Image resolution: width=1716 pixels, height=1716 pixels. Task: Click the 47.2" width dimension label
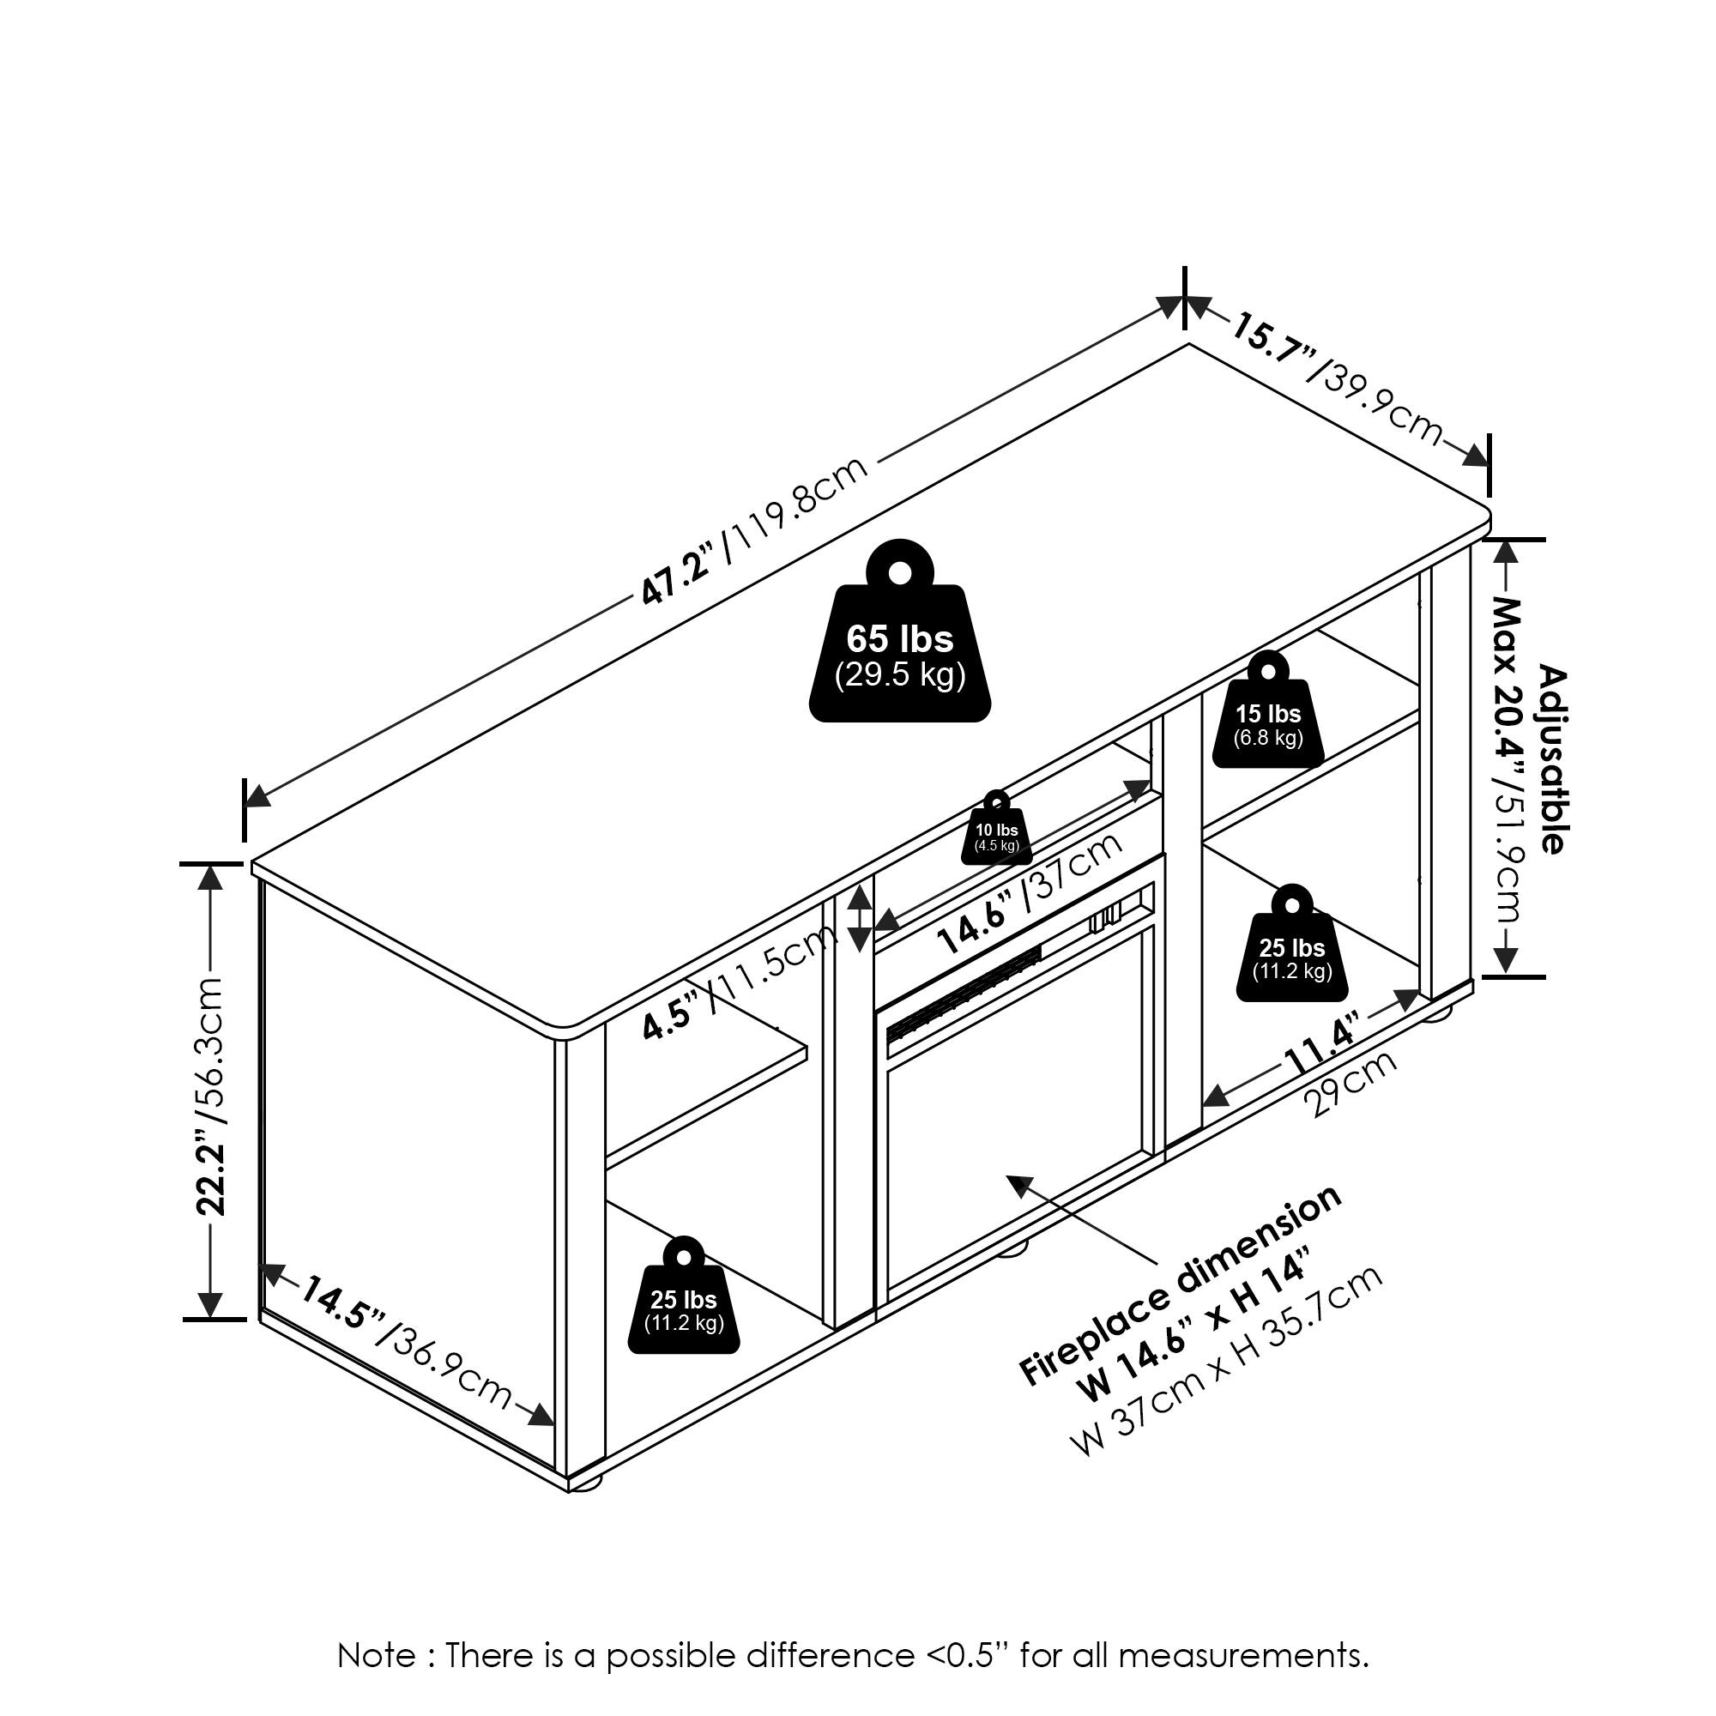point(677,577)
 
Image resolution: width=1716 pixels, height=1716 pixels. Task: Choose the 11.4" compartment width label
point(1321,1049)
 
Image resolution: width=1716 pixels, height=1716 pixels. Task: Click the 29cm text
point(1349,1085)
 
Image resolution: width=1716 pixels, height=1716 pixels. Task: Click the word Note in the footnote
point(377,1657)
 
